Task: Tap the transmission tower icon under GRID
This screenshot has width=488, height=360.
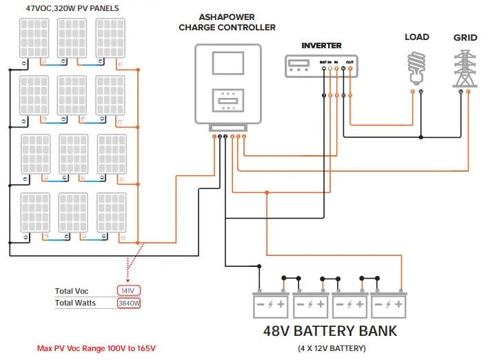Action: [x=464, y=67]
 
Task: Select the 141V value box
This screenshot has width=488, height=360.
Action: [x=127, y=290]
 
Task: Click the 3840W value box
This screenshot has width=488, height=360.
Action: [x=128, y=303]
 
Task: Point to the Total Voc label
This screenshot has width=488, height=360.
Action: [x=72, y=291]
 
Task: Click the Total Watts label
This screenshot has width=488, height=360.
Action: [x=75, y=303]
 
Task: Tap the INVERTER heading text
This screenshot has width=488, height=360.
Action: [x=321, y=46]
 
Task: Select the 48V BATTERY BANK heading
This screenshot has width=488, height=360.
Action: [x=330, y=330]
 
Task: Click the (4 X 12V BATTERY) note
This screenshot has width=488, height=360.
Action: [x=330, y=348]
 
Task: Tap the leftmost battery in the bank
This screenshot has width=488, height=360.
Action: [x=272, y=303]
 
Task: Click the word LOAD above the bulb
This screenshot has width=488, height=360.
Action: [x=416, y=37]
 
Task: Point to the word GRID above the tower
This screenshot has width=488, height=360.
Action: [x=465, y=37]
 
